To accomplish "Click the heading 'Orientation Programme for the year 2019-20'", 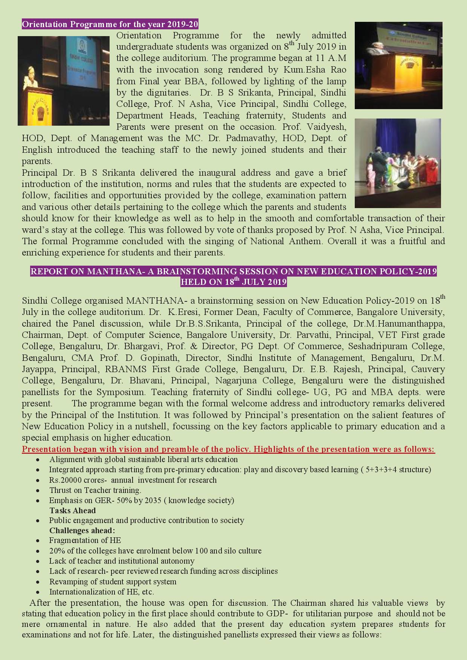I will (x=110, y=25).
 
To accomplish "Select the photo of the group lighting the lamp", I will (x=398, y=163).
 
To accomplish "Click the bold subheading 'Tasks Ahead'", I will (x=72, y=511).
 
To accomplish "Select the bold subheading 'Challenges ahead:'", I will (x=82, y=531).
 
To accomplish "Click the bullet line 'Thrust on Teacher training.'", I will (x=95, y=490).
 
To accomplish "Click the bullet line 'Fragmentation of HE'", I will (x=85, y=540).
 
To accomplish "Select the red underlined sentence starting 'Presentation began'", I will (x=228, y=449).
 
